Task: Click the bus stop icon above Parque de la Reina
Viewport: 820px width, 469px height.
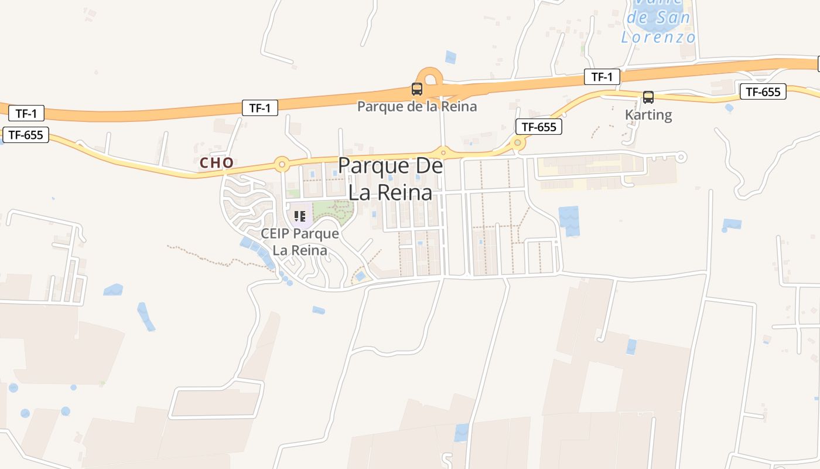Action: [x=416, y=89]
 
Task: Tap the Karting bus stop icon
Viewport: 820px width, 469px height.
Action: [x=648, y=97]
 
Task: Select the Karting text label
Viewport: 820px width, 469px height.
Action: [x=648, y=114]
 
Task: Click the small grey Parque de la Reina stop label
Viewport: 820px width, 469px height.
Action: [x=417, y=107]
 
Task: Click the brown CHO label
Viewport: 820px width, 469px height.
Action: [x=217, y=162]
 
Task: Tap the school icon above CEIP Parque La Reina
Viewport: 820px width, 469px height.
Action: [x=300, y=216]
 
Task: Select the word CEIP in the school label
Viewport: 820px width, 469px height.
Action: [x=276, y=233]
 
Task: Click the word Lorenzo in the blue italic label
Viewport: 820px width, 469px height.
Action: [x=658, y=38]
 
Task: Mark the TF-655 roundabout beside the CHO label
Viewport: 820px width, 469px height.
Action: [x=282, y=164]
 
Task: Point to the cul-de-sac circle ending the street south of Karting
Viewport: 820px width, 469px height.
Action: [x=681, y=157]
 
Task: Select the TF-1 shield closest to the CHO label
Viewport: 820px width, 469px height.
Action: [x=259, y=108]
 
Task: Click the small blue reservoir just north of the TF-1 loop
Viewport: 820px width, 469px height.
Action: [x=450, y=57]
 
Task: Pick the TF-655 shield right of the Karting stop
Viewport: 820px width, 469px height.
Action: [x=763, y=91]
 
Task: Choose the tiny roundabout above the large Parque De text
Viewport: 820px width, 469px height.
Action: [x=443, y=152]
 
